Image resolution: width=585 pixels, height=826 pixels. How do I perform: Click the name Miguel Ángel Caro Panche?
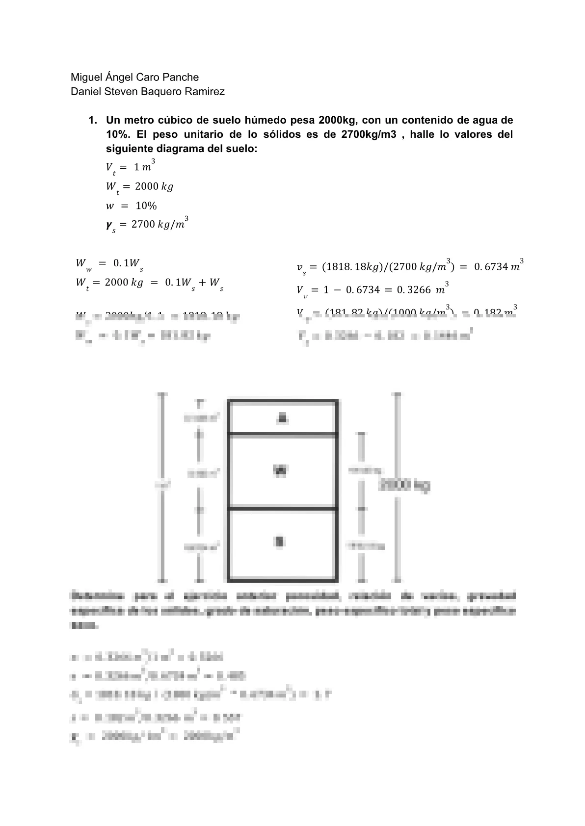tap(134, 77)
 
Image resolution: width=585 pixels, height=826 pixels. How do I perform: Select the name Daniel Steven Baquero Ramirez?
tap(148, 92)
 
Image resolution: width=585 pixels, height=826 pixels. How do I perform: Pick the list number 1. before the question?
tap(92, 120)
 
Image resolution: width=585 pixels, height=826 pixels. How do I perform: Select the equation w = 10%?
tap(131, 206)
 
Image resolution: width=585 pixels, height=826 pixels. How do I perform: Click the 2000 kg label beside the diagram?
tap(404, 486)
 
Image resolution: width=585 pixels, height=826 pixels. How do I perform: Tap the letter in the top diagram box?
tap(282, 418)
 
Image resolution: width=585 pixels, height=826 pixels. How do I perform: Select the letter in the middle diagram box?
tap(280, 471)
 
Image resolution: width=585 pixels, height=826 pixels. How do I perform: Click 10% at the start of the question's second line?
tap(116, 134)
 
